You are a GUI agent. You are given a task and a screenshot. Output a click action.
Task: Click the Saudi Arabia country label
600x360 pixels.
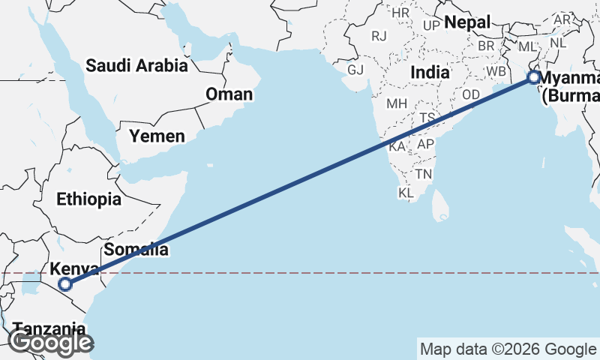pyautogui.click(x=136, y=65)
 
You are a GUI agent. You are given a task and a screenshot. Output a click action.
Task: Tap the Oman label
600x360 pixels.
pyautogui.click(x=229, y=94)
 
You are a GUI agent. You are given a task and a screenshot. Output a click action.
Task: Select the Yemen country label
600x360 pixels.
pyautogui.click(x=156, y=136)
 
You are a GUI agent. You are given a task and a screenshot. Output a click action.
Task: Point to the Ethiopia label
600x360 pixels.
pyautogui.click(x=89, y=199)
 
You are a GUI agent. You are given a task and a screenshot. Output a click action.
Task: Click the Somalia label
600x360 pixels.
pyautogui.click(x=136, y=249)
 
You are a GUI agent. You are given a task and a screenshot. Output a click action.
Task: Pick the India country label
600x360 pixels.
pyautogui.click(x=430, y=73)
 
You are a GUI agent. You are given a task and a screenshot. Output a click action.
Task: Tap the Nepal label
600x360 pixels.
pyautogui.click(x=466, y=22)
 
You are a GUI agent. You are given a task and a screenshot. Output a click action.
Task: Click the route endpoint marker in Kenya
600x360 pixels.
pyautogui.click(x=65, y=283)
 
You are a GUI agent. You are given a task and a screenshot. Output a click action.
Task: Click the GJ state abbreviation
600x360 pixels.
pyautogui.click(x=355, y=70)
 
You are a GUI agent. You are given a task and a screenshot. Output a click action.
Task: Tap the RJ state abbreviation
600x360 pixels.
pyautogui.click(x=379, y=35)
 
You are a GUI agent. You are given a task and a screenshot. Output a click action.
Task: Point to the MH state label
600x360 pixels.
pyautogui.click(x=397, y=103)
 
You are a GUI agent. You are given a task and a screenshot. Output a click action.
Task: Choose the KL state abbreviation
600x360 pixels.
pyautogui.click(x=406, y=193)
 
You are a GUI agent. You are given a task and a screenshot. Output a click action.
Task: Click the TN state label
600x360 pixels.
pyautogui.click(x=424, y=173)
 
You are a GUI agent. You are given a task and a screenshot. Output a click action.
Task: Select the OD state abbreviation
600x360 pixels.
pyautogui.click(x=471, y=94)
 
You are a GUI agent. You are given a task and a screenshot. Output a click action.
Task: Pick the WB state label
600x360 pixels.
pyautogui.click(x=496, y=70)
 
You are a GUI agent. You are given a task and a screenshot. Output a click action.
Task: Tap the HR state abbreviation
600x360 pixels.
pyautogui.click(x=400, y=13)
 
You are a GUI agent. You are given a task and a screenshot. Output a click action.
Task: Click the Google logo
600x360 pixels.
pyautogui.click(x=51, y=343)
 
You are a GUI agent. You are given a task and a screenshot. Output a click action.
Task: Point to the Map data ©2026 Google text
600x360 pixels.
pyautogui.click(x=507, y=349)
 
